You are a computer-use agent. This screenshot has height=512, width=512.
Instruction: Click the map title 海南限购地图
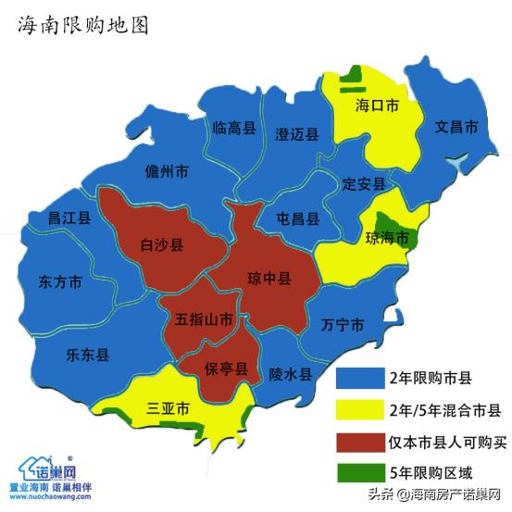83,24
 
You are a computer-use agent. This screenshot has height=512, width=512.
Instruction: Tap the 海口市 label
378,106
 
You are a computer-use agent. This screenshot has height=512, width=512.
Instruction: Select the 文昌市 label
456,126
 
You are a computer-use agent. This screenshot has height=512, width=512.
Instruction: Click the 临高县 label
233,127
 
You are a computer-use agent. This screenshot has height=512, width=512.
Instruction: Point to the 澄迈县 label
296,134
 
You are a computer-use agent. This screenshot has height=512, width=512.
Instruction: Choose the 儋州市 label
168,172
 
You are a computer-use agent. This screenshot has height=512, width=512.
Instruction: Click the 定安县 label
363,183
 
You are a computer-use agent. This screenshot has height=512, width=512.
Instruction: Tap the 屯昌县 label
298,219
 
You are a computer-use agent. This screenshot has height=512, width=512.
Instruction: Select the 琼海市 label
387,238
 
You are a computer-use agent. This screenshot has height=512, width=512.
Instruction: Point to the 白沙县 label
161,245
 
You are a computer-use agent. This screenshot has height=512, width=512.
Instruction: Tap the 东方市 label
61,281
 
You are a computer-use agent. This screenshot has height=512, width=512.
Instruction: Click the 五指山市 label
204,319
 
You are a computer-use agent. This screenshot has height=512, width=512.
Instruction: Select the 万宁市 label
342,325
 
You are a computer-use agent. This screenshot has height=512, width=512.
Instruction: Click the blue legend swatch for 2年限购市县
359,378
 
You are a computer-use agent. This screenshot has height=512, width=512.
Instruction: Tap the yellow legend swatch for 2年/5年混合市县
359,410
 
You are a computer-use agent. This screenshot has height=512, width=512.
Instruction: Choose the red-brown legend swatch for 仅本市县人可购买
359,442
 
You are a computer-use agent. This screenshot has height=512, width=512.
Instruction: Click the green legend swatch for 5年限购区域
359,472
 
